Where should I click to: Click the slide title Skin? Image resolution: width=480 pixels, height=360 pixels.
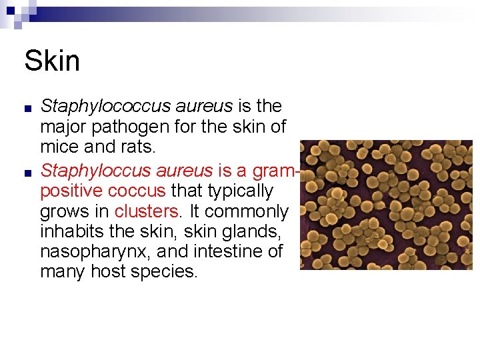tap(52, 61)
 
